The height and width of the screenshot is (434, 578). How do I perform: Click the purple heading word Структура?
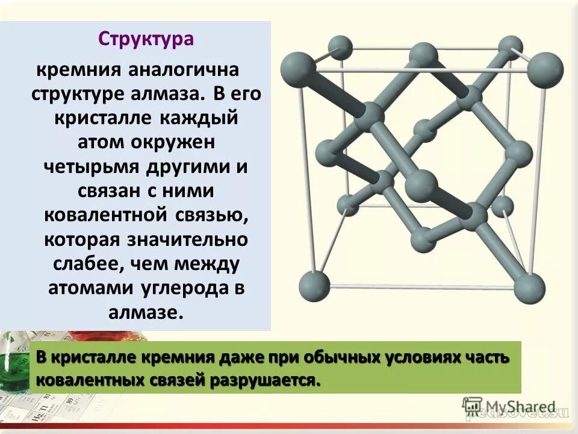coord(146,39)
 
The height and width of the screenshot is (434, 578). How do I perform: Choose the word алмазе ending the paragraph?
coord(144,313)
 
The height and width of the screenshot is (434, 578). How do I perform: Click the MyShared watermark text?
coord(518,406)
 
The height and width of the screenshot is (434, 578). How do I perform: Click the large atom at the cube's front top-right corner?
coord(545,68)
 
